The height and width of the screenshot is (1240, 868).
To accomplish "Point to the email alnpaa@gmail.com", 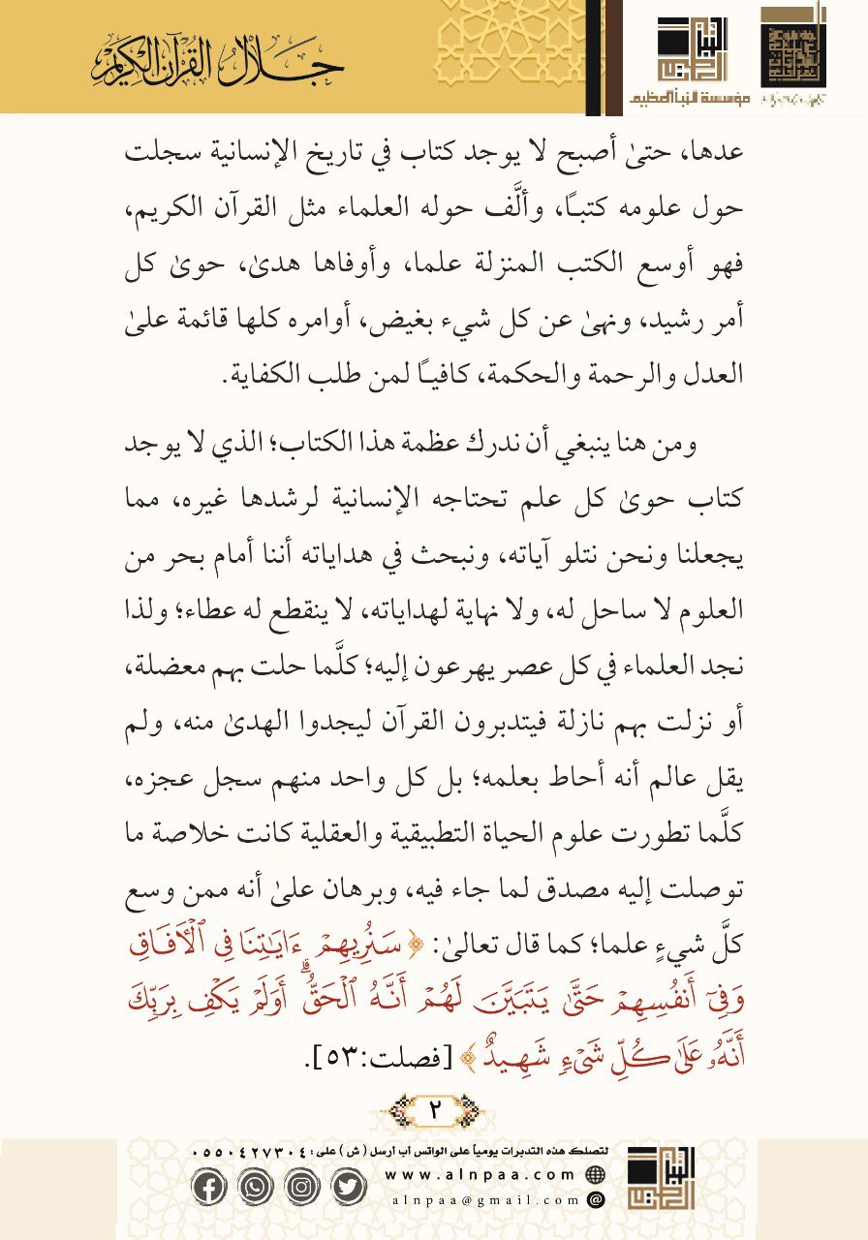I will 483,1199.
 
